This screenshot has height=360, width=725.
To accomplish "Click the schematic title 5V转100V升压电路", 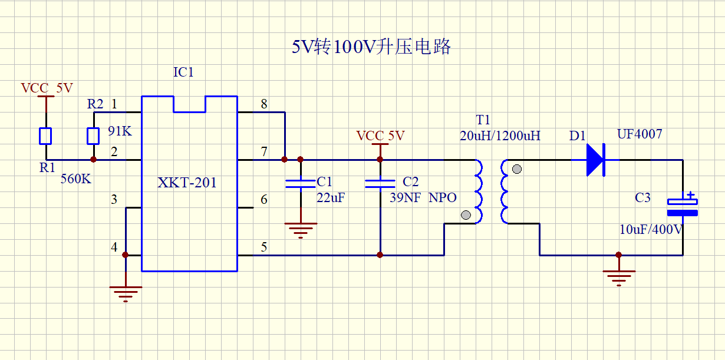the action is coord(371,47).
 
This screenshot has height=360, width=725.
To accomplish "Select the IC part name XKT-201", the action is coord(187,183).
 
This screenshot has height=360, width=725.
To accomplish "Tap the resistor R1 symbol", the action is coord(45,136).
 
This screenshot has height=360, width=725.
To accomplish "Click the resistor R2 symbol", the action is coord(93,136).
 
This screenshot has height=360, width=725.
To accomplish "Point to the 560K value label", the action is coord(76,179).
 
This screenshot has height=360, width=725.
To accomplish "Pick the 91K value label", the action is coord(120,131).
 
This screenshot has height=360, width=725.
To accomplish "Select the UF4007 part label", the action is coord(640,134).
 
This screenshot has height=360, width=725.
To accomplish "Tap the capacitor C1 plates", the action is coord(301,184).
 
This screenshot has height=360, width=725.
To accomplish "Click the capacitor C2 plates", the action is coord(380,184).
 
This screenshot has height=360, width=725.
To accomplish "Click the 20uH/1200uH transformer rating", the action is coord(500,136).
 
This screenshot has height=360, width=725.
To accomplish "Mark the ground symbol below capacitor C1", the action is coord(301,230).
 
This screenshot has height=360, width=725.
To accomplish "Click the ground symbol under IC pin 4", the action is coord(126,294).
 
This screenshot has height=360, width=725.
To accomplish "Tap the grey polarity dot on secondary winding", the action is coord(517,169).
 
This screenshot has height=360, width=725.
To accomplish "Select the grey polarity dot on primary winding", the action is coord(466,215).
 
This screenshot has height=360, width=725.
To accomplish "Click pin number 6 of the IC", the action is coord(264,200).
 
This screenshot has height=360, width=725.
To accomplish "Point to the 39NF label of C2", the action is coord(405,197).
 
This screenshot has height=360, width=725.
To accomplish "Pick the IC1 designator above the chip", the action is coord(183,72).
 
